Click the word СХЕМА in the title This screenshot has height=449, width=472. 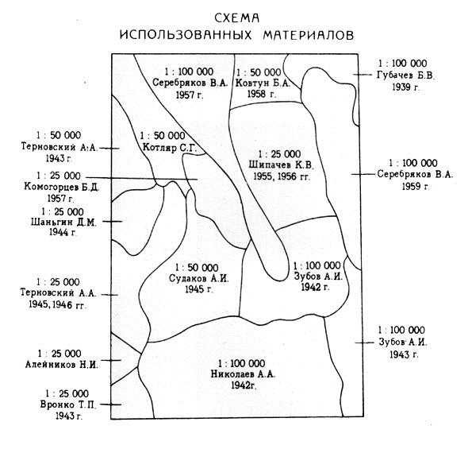(237, 18)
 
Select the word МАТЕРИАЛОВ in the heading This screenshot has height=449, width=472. (309, 35)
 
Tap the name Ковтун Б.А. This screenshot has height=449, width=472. (263, 83)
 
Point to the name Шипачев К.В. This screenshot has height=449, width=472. (281, 165)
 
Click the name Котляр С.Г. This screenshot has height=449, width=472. (170, 148)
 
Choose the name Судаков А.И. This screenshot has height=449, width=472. (198, 278)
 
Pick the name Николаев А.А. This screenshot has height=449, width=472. (243, 374)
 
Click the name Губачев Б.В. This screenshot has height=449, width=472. (406, 75)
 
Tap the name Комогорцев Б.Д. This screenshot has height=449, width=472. (61, 187)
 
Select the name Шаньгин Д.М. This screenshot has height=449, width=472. (63, 223)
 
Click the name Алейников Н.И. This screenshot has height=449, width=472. (62, 365)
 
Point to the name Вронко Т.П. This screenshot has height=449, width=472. (68, 404)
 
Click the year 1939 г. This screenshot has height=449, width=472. (405, 87)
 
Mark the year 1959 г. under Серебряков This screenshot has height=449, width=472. (415, 186)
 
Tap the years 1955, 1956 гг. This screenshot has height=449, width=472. (282, 176)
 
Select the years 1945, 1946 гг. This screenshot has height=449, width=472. (57, 304)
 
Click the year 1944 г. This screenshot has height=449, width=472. (63, 232)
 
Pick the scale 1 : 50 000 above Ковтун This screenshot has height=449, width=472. (259, 72)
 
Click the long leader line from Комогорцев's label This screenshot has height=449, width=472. (141, 178)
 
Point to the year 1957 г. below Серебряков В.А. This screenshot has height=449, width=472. (190, 95)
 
